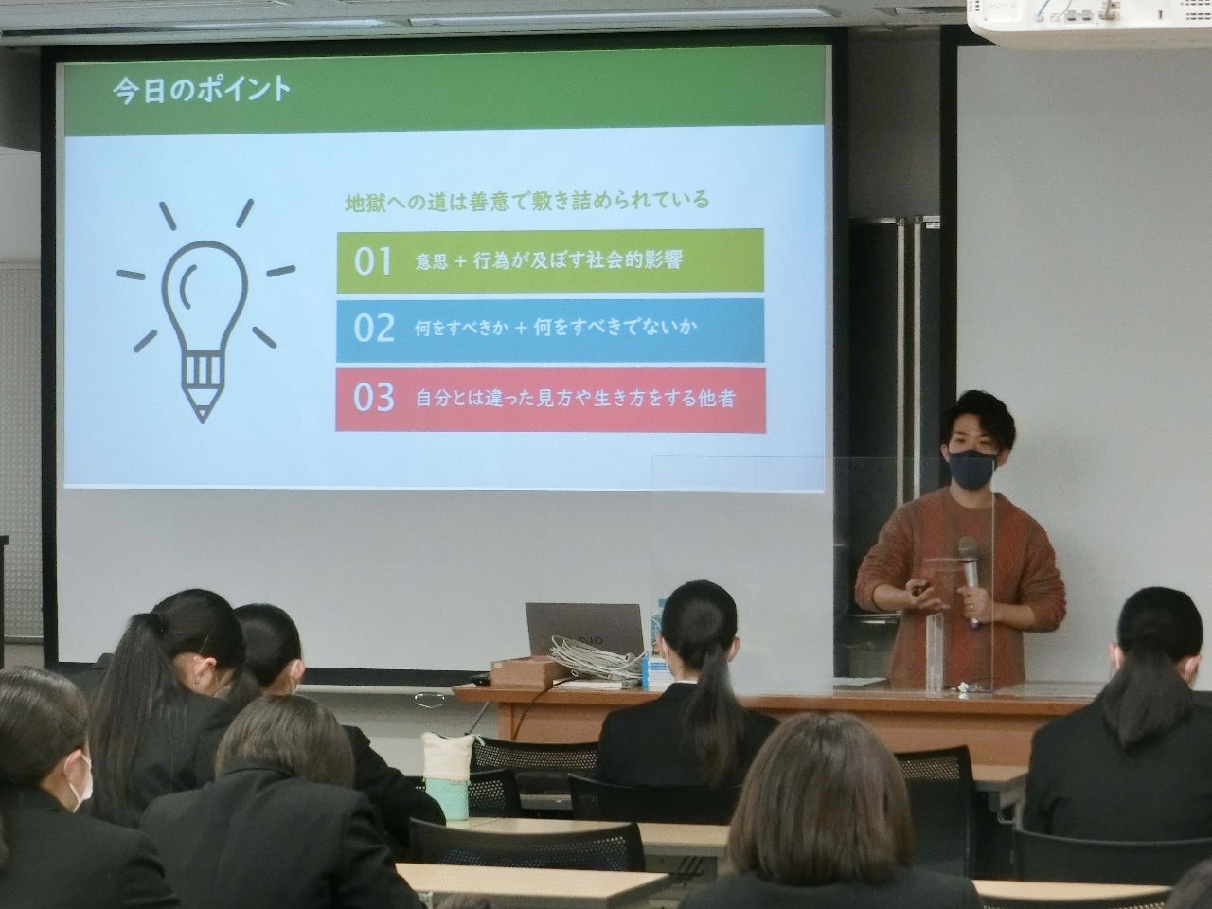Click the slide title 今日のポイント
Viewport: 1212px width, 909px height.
[x=202, y=91]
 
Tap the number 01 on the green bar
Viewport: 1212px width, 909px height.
[x=373, y=261]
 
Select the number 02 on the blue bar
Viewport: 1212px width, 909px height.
[x=374, y=329]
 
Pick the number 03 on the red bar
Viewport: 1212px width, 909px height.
[x=374, y=398]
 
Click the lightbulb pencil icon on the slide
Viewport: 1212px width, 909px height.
[x=205, y=312]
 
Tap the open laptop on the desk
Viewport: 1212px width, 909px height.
[x=585, y=630]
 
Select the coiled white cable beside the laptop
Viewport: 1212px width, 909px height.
[x=599, y=660]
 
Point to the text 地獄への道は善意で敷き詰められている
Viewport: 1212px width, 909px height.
[x=527, y=201]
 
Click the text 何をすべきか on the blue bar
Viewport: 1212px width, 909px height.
[x=461, y=329]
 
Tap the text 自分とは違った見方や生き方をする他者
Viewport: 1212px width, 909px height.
[x=576, y=399]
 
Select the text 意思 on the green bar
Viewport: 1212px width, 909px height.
[x=432, y=260]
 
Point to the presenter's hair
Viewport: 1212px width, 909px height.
[x=979, y=418]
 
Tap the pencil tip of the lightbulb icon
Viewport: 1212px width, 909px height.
[x=203, y=415]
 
